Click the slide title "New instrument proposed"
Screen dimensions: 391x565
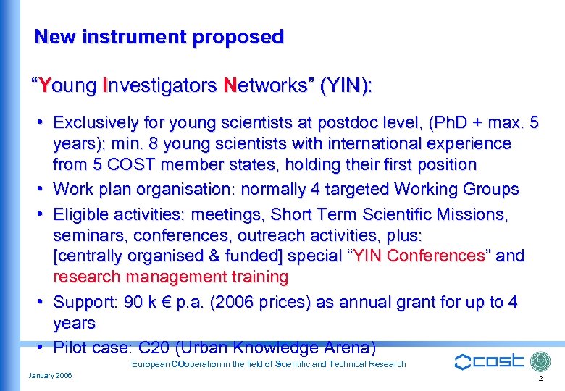(x=159, y=37)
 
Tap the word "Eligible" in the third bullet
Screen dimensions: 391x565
(x=82, y=214)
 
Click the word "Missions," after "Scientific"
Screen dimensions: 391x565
(x=474, y=214)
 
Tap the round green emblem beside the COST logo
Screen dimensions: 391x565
(x=540, y=362)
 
